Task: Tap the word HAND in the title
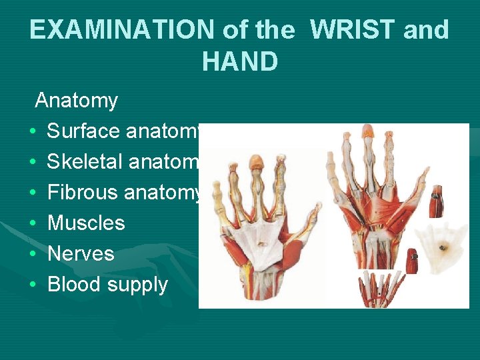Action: (x=239, y=61)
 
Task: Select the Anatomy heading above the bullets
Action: (x=76, y=101)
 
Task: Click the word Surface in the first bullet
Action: (x=83, y=131)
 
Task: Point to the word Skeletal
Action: (x=85, y=162)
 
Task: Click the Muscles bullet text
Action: (x=86, y=223)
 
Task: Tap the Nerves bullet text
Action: (x=81, y=253)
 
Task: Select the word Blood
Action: (x=71, y=284)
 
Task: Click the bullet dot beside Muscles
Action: (x=33, y=223)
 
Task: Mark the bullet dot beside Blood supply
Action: (x=33, y=285)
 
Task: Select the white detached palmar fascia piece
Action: (x=442, y=245)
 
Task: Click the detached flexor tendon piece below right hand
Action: (x=378, y=288)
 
